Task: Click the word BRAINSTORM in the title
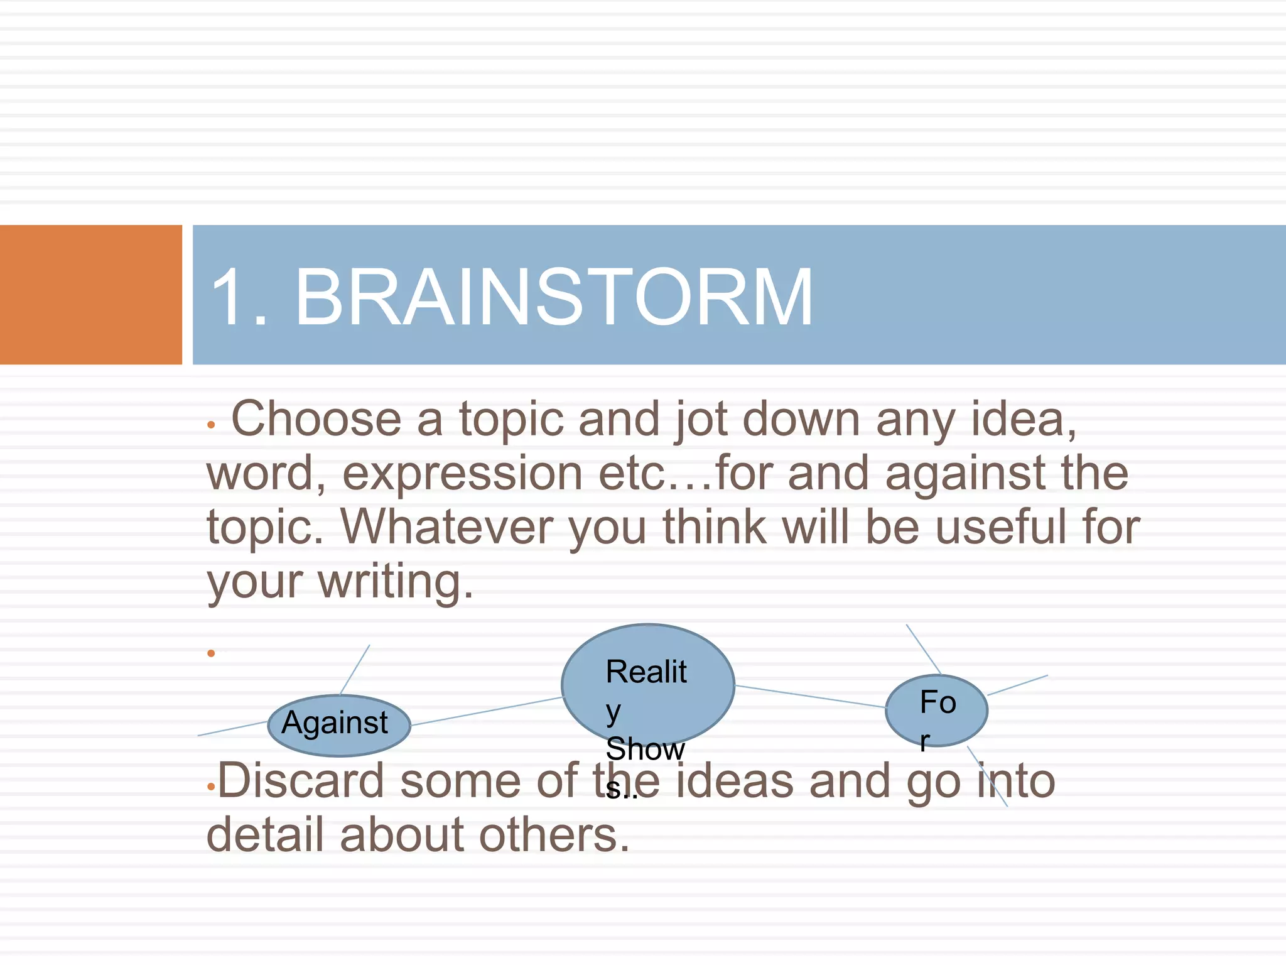pos(554,297)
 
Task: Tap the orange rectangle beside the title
pos(90,295)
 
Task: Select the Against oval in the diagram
pos(338,725)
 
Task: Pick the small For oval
pos(936,710)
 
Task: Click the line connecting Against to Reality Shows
pos(487,712)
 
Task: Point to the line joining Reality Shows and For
pos(810,696)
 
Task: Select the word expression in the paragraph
pos(462,473)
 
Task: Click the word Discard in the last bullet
pos(301,781)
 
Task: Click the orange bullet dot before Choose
pos(212,425)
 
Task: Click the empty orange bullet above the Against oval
pos(212,653)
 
